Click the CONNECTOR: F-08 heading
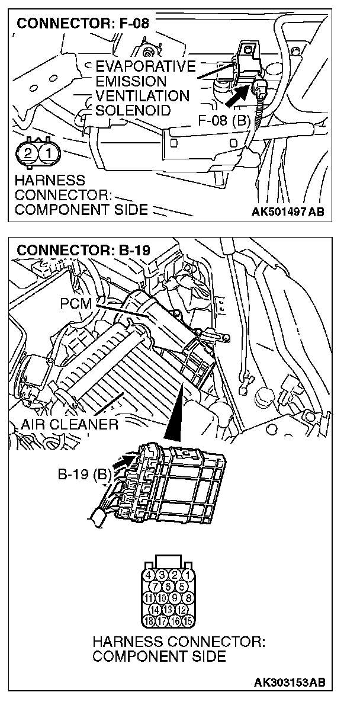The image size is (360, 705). click(x=83, y=24)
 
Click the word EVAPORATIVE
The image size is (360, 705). click(x=145, y=66)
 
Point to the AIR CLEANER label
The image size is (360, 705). click(x=69, y=424)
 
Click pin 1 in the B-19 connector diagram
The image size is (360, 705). click(x=187, y=575)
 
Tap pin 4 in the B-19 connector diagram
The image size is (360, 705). click(x=148, y=575)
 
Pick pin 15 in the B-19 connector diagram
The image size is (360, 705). click(x=187, y=621)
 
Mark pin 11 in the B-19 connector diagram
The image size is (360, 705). click(x=148, y=598)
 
